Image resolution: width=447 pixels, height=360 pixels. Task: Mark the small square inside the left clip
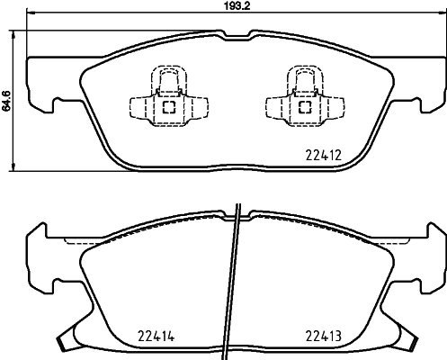[168, 105]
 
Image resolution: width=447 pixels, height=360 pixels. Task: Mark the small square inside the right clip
[304, 105]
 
